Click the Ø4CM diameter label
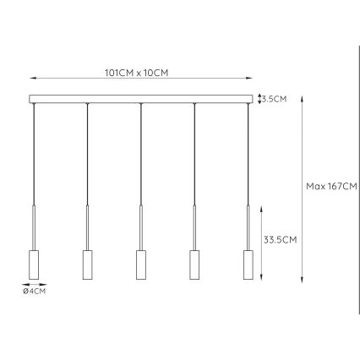[35, 292]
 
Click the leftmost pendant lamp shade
[34, 265]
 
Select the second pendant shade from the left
[87, 265]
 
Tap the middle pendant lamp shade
[141, 265]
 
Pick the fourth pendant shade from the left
[195, 265]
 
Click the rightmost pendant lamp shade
[248, 265]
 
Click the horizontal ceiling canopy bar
[141, 99]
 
